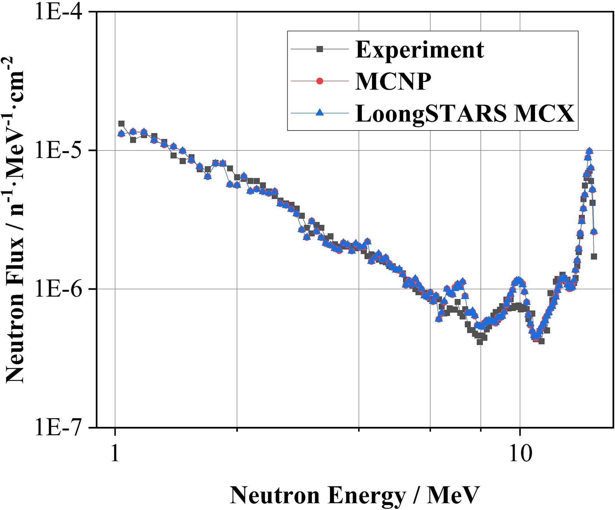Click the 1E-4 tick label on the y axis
(59, 12)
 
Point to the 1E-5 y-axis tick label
(59, 150)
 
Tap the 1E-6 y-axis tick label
(59, 289)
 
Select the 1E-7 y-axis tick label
(59, 428)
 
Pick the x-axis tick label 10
(520, 454)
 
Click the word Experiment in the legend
(419, 49)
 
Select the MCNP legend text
(393, 81)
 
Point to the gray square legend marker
(320, 49)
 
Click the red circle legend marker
(320, 81)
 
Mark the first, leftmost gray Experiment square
(121, 124)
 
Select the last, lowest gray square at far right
(594, 257)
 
